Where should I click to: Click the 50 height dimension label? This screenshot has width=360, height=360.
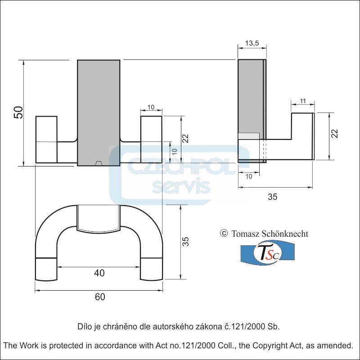(x=18, y=112)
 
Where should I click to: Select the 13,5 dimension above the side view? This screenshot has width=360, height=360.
(x=252, y=43)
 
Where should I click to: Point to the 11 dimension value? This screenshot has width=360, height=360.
(x=302, y=100)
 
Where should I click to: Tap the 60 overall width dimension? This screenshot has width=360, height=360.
(x=100, y=297)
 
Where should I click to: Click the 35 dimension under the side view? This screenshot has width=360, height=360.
(x=273, y=197)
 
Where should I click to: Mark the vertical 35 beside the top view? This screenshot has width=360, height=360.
(x=185, y=242)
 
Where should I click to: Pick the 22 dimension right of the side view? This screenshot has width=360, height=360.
(x=334, y=134)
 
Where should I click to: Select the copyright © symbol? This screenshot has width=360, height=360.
(x=224, y=233)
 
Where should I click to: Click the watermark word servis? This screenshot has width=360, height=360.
(x=181, y=185)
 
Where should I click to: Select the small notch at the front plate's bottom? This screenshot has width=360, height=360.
(x=99, y=163)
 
